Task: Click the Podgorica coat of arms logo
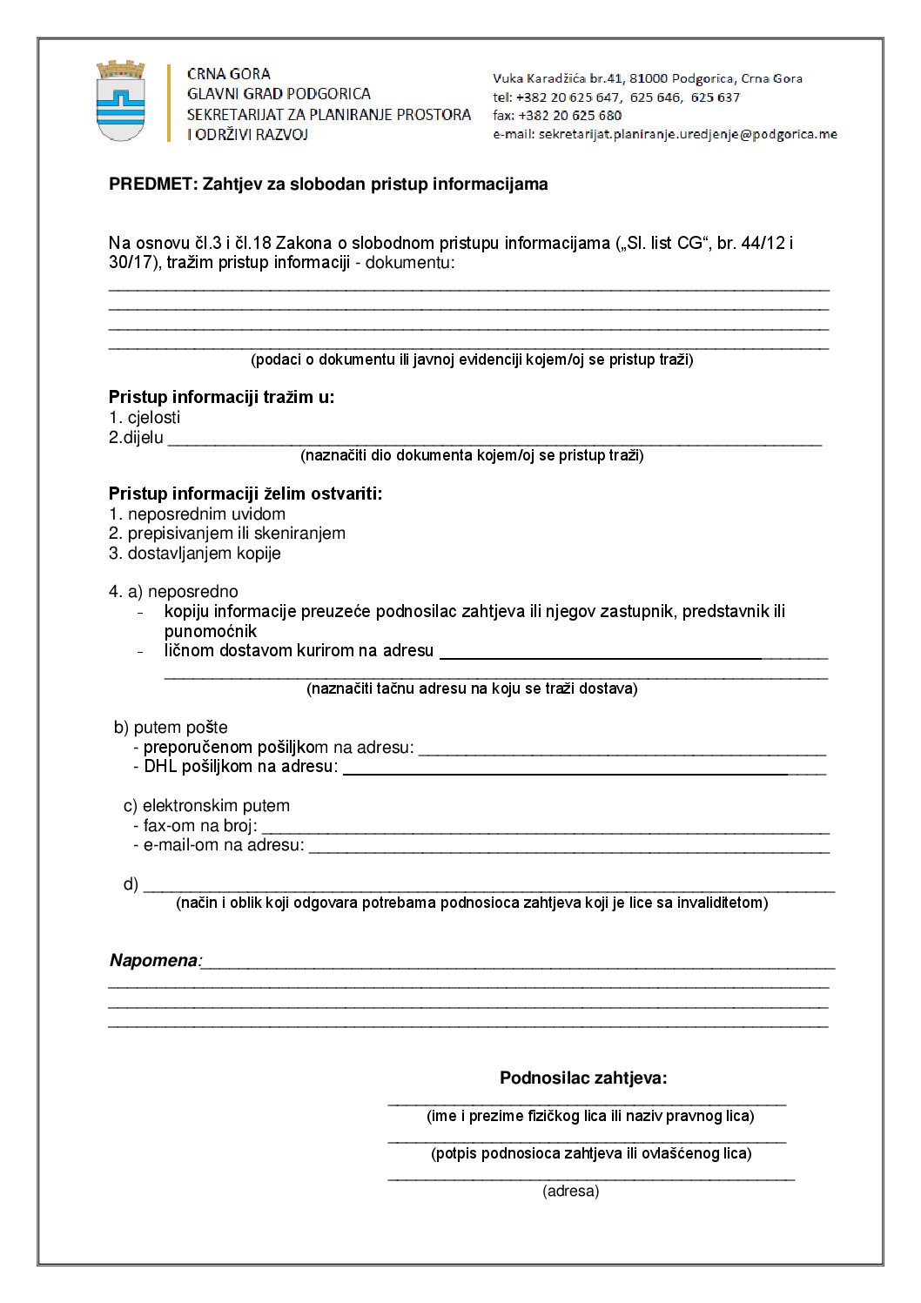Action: click(120, 101)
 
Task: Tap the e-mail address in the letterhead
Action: click(688, 134)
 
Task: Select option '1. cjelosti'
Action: click(145, 418)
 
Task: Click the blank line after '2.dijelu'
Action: click(494, 440)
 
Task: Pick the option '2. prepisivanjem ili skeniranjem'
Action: click(227, 534)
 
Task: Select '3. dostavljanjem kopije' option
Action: click(195, 554)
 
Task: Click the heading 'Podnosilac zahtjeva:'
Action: click(583, 1078)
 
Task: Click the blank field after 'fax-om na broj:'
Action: click(545, 828)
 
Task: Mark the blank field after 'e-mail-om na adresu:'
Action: click(568, 847)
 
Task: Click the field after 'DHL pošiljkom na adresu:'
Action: click(583, 769)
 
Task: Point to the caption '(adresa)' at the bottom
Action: click(570, 1192)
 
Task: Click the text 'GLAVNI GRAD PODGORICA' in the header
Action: click(279, 94)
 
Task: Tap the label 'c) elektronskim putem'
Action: click(206, 806)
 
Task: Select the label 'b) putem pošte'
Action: click(171, 728)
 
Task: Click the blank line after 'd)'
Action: click(488, 887)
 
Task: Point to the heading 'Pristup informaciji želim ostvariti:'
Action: click(245, 494)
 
